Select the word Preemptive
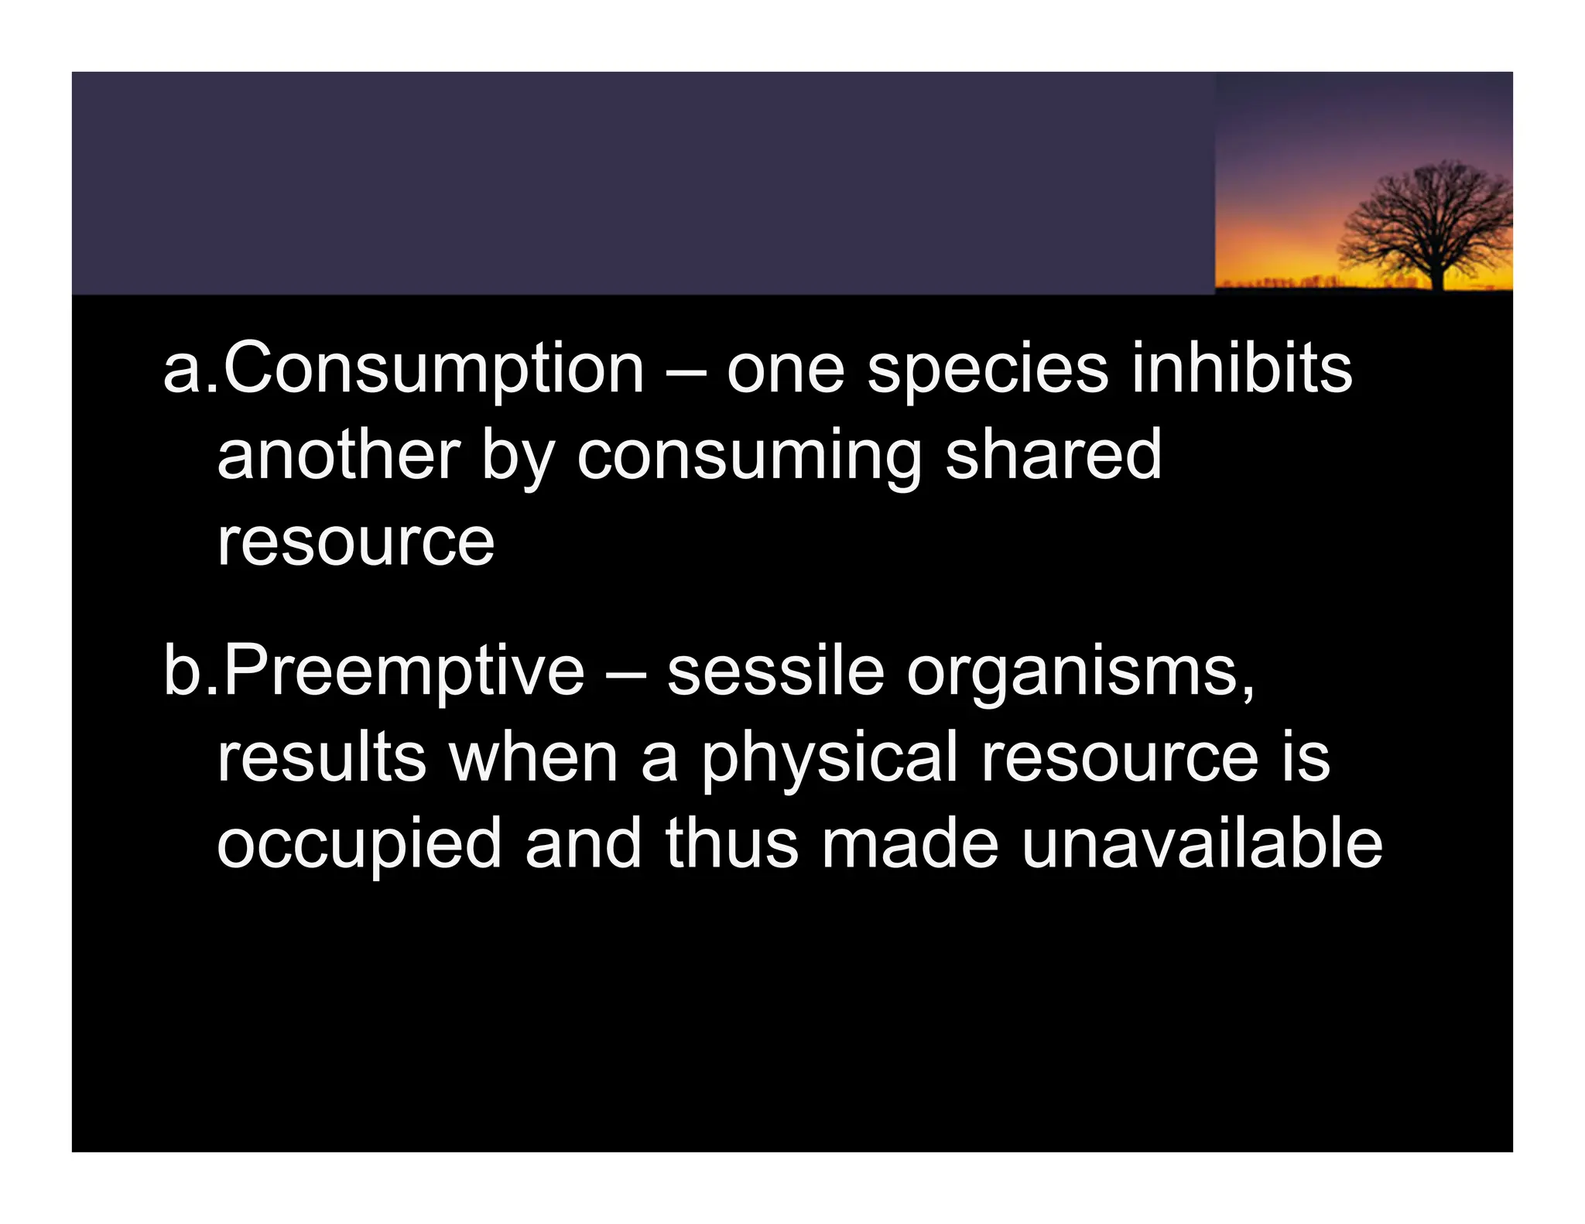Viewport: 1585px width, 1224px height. click(404, 672)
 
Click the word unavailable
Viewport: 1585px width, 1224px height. click(1201, 843)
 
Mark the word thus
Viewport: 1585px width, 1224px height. click(731, 843)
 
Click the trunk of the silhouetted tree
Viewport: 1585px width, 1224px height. click(1438, 275)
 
